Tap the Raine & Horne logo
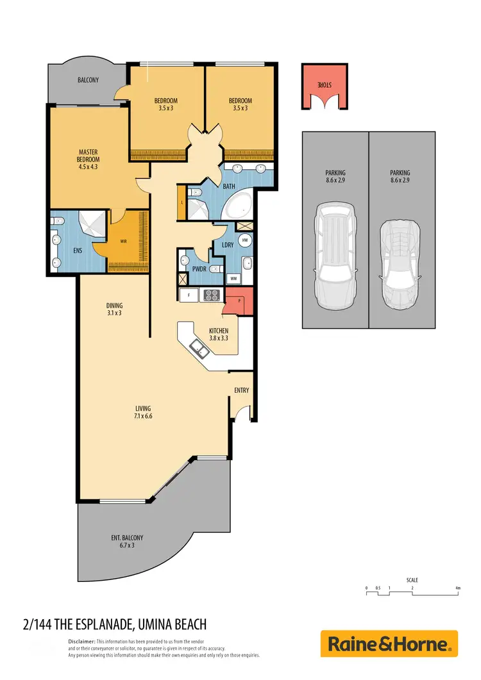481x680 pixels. (389, 643)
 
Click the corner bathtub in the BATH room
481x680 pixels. (238, 207)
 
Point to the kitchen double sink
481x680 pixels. (199, 348)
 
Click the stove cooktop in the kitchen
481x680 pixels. (212, 295)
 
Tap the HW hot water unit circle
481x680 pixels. (245, 240)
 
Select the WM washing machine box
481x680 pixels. (233, 279)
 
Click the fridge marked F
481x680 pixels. (190, 295)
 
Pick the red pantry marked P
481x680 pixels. (239, 300)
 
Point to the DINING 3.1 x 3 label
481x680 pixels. (114, 309)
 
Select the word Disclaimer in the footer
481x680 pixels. (81, 641)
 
